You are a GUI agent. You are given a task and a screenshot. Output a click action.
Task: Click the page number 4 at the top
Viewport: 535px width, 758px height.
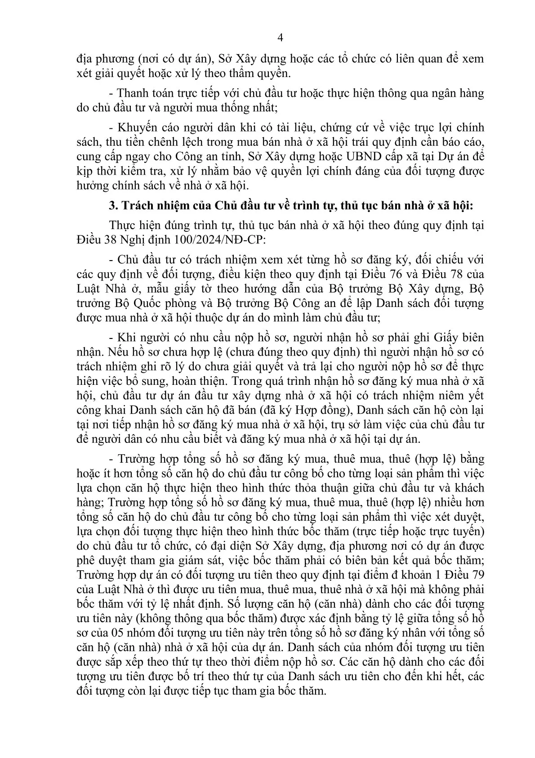pos(280,38)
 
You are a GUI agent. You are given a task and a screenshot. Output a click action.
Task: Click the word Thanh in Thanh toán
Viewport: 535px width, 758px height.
pos(132,94)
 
